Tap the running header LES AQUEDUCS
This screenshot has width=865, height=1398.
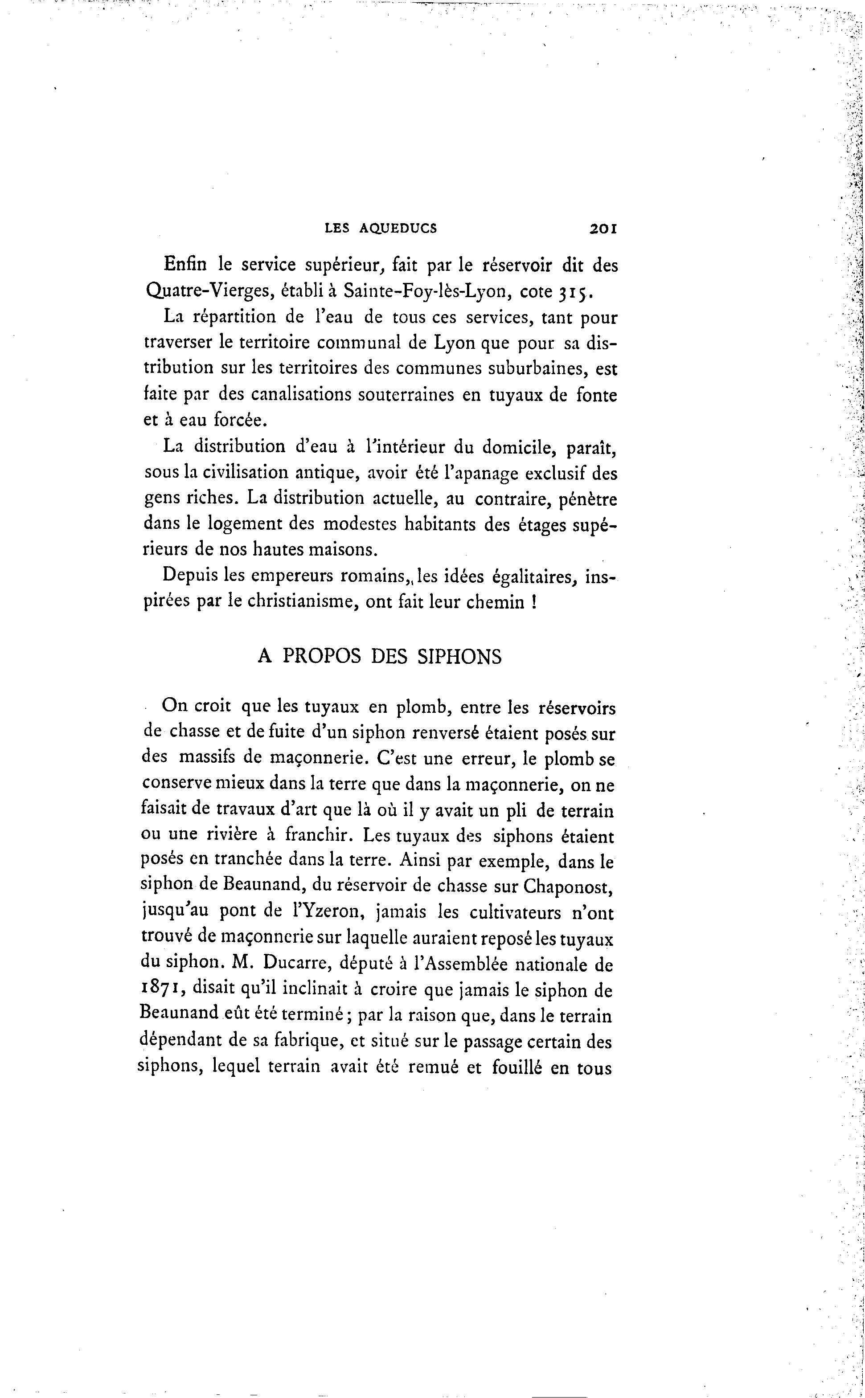(381, 229)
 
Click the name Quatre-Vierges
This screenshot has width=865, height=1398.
(202, 292)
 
